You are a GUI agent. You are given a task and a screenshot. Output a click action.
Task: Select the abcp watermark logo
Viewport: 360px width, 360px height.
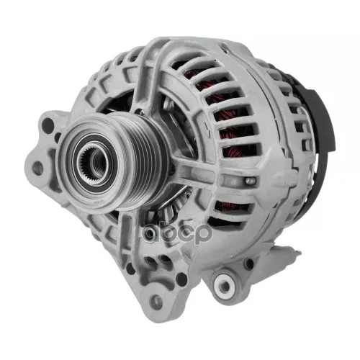click(x=177, y=233)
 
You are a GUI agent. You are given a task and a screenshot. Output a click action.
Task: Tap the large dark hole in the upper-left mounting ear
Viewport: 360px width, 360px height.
click(x=48, y=125)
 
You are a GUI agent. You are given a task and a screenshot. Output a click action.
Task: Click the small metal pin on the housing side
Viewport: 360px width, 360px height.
click(x=251, y=179)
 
